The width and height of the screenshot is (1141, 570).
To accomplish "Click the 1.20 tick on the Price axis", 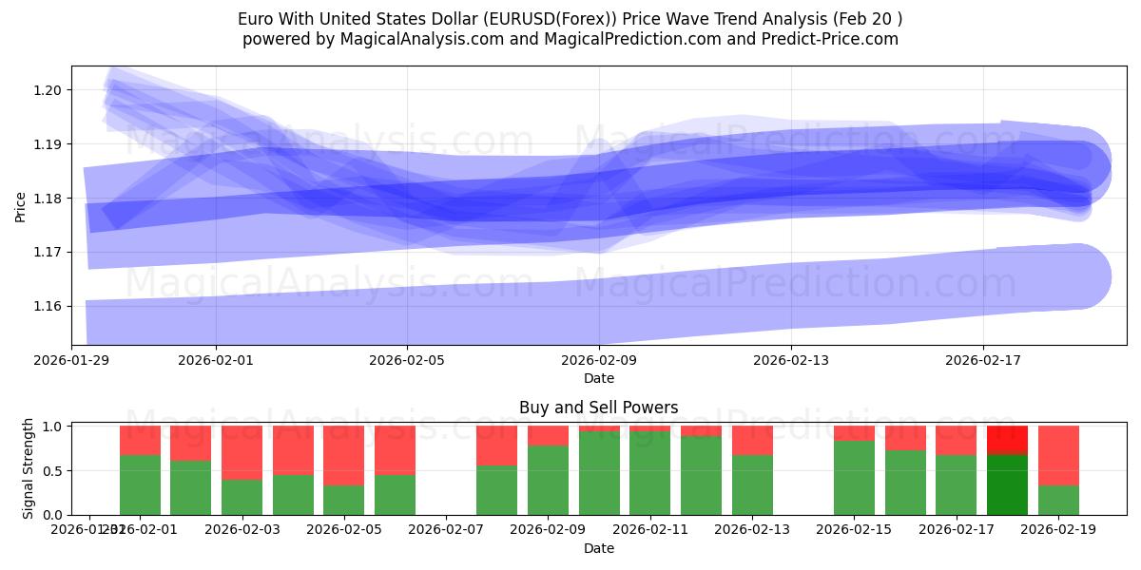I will click(48, 90).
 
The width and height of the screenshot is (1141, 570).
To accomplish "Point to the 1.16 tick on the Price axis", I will click(48, 306).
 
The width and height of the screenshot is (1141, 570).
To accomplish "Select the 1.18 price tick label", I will click(48, 199).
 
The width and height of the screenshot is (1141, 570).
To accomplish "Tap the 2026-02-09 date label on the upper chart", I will click(599, 360).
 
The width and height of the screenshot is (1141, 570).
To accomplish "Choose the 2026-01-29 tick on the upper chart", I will click(71, 360).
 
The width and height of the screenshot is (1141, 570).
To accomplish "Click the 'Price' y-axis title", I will click(20, 205).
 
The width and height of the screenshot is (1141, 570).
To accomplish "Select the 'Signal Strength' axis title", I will click(29, 468).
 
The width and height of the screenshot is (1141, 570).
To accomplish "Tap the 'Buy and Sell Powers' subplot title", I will click(599, 408).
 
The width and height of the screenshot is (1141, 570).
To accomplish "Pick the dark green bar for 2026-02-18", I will click(1007, 484).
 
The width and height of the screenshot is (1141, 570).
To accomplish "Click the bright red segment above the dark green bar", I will click(1007, 440).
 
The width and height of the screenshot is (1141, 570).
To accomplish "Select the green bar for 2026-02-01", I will click(140, 484).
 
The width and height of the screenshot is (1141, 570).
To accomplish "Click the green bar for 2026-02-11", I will click(649, 472).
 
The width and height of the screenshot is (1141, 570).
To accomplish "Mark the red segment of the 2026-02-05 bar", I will click(343, 455).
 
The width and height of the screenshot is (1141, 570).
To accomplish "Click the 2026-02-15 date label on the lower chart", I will click(854, 529).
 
